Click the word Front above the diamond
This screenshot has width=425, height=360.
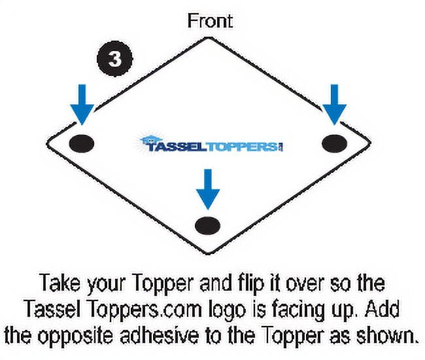coord(210,21)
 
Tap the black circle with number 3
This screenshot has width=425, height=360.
coord(114,59)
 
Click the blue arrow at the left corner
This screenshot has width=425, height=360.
coord(82,105)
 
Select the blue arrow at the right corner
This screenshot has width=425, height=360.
coord(335,105)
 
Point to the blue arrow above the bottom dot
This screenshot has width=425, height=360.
coord(208,189)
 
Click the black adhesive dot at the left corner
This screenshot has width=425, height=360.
coord(82,143)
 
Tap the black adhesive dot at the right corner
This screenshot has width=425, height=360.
coord(335,143)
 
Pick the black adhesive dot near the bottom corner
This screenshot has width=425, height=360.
coord(208,225)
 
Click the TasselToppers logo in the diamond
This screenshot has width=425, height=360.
coord(211,144)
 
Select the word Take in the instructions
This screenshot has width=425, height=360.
coord(60,283)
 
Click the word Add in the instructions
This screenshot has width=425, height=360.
coord(382,309)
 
